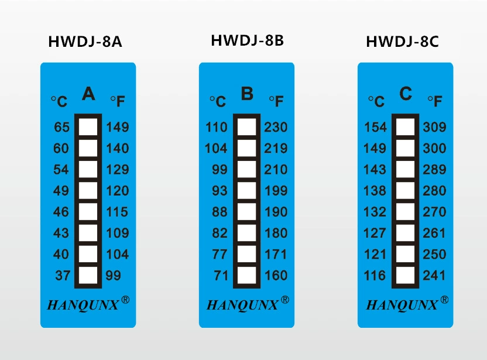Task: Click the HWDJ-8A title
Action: coord(85,42)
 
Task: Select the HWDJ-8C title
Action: coord(402,42)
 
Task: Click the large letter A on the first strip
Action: coord(88,94)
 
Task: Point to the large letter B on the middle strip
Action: coord(247,94)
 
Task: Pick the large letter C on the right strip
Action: coord(406,94)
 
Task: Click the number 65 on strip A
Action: coord(61,127)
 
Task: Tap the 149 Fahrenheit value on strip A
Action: coord(118,127)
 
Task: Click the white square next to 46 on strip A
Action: coord(88,211)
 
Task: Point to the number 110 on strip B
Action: coord(217,127)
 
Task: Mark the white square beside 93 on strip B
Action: coord(247,190)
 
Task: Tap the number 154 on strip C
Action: coord(375,127)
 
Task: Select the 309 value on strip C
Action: coord(434,127)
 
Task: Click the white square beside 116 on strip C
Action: coord(404,275)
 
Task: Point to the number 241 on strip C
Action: coord(434,275)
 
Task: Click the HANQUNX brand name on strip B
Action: coord(241,305)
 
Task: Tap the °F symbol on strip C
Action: coord(434,101)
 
